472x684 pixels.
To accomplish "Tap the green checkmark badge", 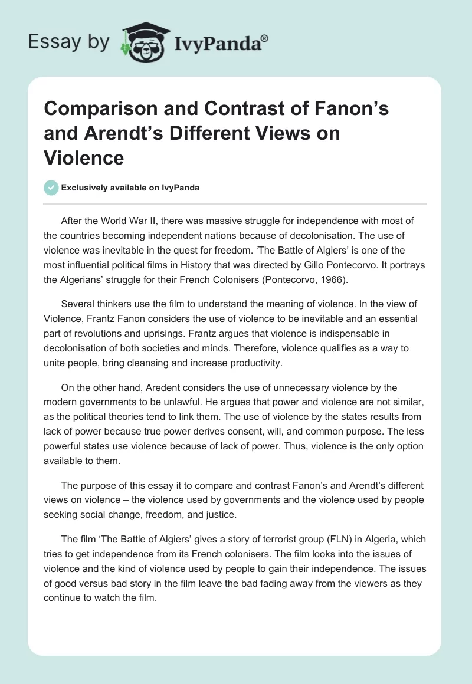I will pos(51,188).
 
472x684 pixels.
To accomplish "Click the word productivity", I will pos(254,363).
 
